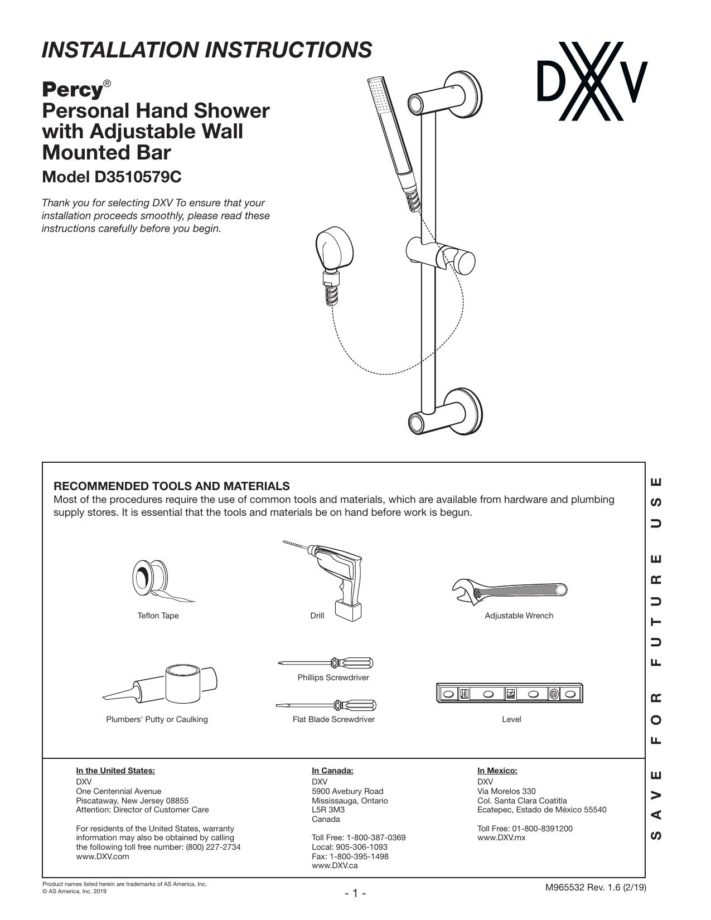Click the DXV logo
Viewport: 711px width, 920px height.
[x=592, y=81]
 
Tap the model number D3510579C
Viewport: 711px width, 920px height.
[x=138, y=177]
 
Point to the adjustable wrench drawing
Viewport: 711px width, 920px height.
[x=510, y=591]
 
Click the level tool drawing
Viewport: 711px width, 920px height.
[x=510, y=693]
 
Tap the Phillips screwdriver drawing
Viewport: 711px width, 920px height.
[x=326, y=662]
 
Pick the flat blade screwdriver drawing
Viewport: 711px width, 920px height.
[x=326, y=705]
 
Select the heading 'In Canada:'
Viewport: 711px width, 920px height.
[x=332, y=771]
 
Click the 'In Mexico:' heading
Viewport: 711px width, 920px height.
[x=497, y=771]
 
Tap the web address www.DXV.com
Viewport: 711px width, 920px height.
[x=103, y=856]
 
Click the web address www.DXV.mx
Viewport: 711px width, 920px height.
[x=501, y=837]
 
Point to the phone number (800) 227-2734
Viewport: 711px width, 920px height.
[x=213, y=847]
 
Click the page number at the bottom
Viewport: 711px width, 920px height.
[x=355, y=893]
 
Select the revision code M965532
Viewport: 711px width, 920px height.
[x=565, y=888]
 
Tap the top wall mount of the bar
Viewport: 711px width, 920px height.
[x=445, y=94]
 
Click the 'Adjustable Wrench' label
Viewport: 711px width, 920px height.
[x=519, y=616]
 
